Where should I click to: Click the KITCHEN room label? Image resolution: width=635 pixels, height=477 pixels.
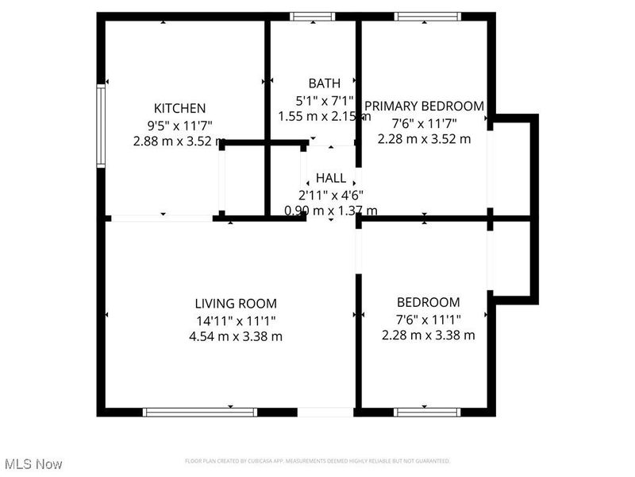(179, 108)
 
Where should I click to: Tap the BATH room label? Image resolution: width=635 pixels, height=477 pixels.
(324, 83)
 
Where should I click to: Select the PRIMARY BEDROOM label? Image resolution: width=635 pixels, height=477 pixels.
(424, 106)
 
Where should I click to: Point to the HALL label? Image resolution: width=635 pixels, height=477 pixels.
(331, 177)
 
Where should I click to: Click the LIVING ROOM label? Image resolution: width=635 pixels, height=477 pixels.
(236, 303)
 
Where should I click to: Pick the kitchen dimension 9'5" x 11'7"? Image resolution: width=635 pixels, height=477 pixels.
(179, 124)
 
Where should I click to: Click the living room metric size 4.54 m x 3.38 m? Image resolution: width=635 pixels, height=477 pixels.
(236, 335)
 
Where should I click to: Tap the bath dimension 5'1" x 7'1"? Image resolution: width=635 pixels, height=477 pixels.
(324, 100)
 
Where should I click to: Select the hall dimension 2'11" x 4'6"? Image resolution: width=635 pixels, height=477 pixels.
(331, 195)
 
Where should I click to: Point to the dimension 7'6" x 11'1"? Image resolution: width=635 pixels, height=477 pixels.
(429, 319)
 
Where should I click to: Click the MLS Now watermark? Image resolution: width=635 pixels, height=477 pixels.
(33, 463)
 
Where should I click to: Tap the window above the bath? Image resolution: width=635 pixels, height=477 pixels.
(313, 15)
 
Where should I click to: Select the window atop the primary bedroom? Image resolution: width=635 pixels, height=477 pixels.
(427, 15)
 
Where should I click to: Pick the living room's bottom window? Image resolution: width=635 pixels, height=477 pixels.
(200, 412)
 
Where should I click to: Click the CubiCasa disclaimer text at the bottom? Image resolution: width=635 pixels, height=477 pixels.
(317, 461)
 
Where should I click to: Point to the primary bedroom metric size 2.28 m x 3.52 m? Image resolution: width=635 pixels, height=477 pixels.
(424, 138)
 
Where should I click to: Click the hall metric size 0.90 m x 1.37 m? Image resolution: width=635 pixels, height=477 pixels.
(331, 211)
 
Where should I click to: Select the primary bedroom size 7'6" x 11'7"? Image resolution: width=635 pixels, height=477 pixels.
(424, 122)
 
